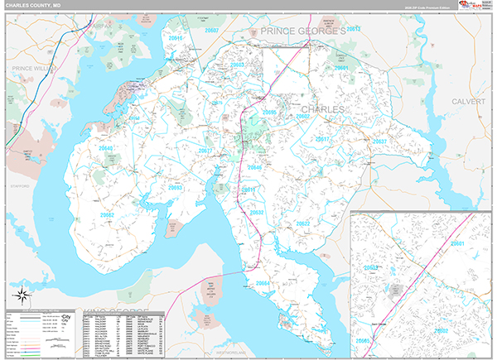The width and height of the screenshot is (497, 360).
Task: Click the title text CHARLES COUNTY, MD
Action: tap(34, 5)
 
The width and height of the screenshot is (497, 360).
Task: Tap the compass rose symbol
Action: tap(22, 295)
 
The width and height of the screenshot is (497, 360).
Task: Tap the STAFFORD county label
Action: tap(19, 186)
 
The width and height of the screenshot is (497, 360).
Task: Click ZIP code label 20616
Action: tap(175, 38)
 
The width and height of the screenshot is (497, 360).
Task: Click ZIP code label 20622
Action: tap(303, 224)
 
